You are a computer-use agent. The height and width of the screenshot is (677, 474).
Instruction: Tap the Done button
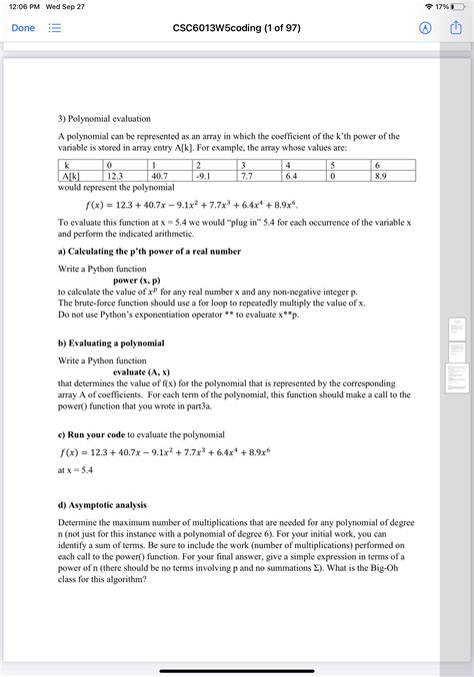click(x=22, y=28)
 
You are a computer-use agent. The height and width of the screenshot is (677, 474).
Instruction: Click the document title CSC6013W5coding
click(x=236, y=28)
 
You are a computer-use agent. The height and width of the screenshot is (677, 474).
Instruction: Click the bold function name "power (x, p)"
click(x=129, y=281)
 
